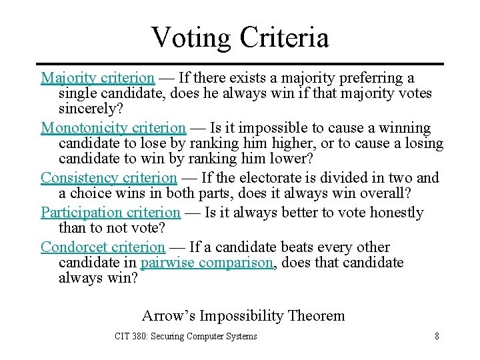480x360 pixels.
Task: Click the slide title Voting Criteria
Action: tap(240, 37)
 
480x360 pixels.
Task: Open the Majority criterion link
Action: tap(97, 78)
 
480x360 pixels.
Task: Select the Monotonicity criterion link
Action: tap(113, 127)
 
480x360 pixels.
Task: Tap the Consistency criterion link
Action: tap(109, 177)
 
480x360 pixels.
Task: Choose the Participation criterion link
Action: tap(111, 213)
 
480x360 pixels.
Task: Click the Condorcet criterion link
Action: tap(103, 247)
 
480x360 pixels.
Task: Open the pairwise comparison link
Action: tap(207, 262)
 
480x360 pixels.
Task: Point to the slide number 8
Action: tap(437, 336)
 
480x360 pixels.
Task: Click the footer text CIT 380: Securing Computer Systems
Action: tap(185, 336)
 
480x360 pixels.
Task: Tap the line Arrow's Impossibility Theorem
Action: tap(243, 315)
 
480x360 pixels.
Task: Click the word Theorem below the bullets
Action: tap(316, 315)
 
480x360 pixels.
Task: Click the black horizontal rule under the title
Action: tap(240, 64)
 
